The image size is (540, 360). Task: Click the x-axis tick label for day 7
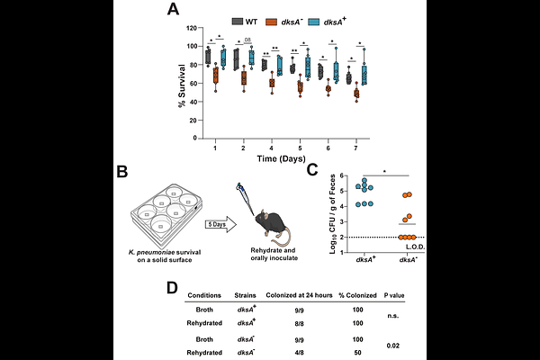pyautogui.click(x=357, y=145)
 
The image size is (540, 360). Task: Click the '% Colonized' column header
pyautogui.click(x=355, y=294)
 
